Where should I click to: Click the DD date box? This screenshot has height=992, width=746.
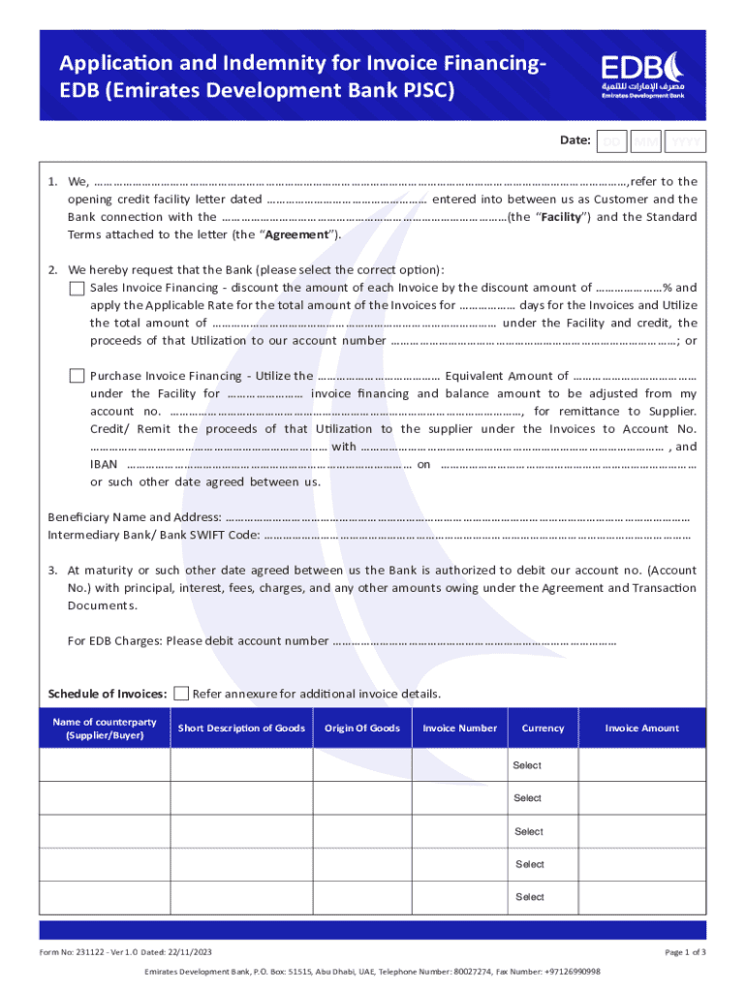coord(610,141)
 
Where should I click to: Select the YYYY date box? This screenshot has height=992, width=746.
coord(687,141)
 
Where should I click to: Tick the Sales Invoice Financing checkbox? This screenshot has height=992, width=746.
coord(78,288)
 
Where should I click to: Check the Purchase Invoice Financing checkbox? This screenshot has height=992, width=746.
coord(78,376)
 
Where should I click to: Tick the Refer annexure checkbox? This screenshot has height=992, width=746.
coord(180,693)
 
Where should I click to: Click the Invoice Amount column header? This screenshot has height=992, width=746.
coord(641,728)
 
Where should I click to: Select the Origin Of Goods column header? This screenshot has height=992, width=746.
coord(361,728)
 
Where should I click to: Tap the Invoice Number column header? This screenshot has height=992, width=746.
coord(460,728)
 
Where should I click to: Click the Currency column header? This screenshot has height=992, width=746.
coord(543,728)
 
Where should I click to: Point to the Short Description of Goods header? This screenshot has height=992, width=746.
coord(241,728)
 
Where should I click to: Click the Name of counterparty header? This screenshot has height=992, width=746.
coord(104,728)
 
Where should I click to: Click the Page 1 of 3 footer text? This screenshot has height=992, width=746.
coord(684,952)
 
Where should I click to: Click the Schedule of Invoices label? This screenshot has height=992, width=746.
coord(107,694)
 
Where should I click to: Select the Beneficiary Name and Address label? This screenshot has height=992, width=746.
coord(135,516)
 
